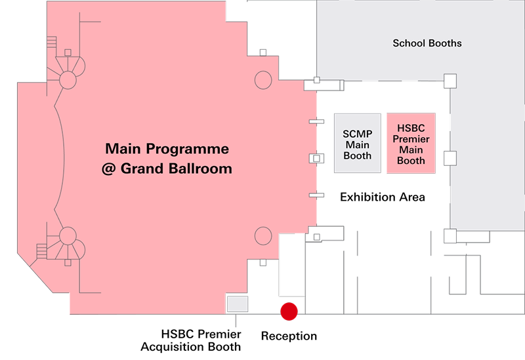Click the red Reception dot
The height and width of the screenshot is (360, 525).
pos(289,311)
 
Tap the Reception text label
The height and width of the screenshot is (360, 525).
pos(289,336)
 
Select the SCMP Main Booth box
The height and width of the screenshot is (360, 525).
pos(358,143)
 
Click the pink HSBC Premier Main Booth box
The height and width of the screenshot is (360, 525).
pos(411,143)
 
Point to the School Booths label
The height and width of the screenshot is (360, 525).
pos(427,43)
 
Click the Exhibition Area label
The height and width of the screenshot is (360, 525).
pos(383,197)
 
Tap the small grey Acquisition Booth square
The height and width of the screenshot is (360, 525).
pos(238,304)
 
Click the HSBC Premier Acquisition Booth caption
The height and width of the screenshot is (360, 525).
pos(191,340)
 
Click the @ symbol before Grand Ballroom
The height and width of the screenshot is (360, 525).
pos(109,169)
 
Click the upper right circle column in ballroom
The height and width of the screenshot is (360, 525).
pos(263,80)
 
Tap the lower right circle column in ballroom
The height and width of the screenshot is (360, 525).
pos(263,236)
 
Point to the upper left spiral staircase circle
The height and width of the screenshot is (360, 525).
pos(68,80)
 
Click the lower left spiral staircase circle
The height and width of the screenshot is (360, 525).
pos(68,236)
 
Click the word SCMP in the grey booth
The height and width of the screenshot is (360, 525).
pos(358,134)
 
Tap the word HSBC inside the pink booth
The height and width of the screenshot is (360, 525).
pos(411,128)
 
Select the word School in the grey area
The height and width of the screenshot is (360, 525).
pos(409,43)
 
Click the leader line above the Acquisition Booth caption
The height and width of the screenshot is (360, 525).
pos(236,321)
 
